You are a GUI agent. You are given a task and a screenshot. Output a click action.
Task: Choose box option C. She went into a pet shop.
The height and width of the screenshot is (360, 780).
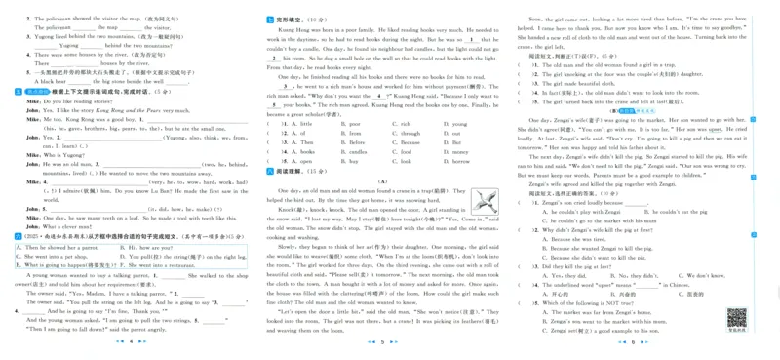(x=56, y=257)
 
